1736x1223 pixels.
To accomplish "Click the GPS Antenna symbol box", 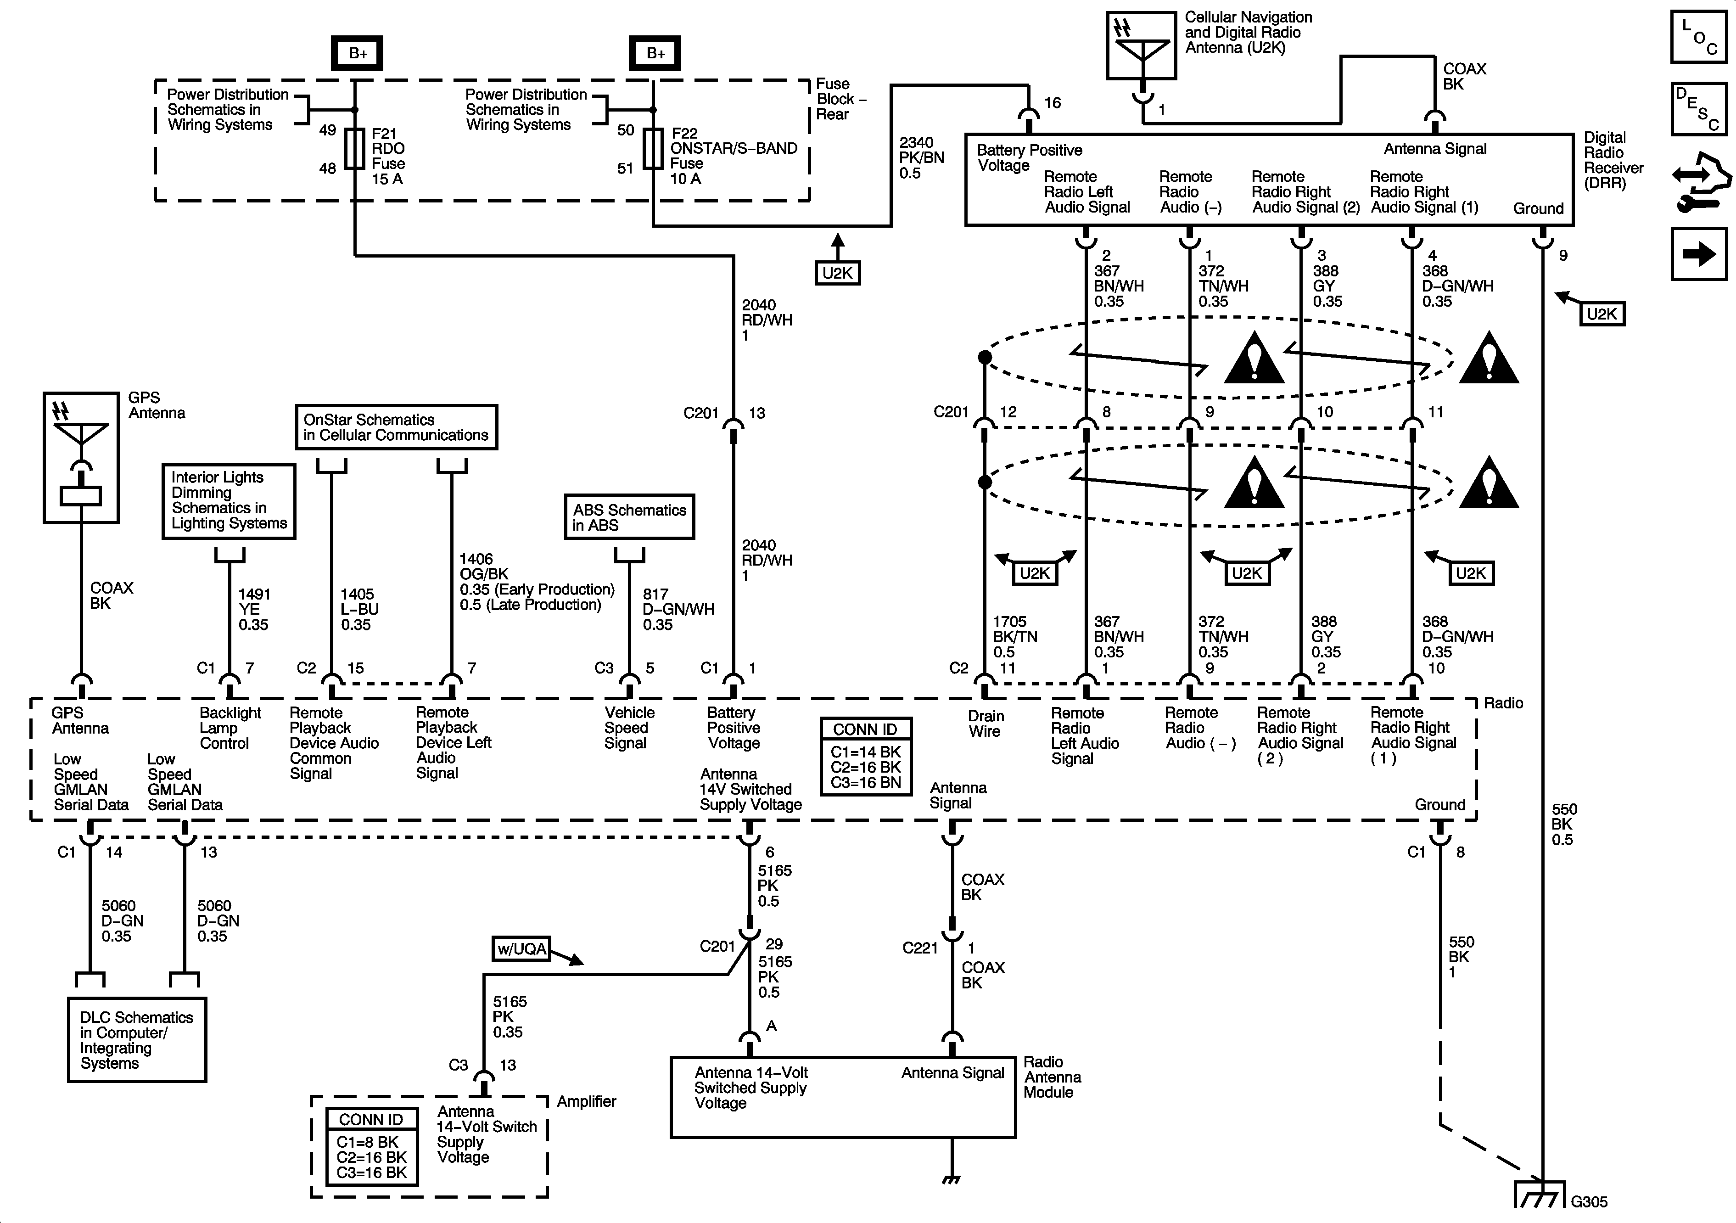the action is (x=81, y=457).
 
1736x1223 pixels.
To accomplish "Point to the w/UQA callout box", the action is (x=521, y=948).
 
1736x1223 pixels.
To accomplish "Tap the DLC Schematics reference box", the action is (x=137, y=1040).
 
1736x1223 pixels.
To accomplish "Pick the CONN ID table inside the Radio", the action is (x=866, y=756).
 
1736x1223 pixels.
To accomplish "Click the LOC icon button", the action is (x=1698, y=36).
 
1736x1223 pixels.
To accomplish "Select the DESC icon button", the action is (x=1698, y=108).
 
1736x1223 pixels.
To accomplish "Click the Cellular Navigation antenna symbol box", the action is (x=1142, y=45).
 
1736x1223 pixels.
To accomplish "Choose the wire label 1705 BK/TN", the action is (x=1015, y=637).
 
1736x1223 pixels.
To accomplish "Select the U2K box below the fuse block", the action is (x=837, y=273).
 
